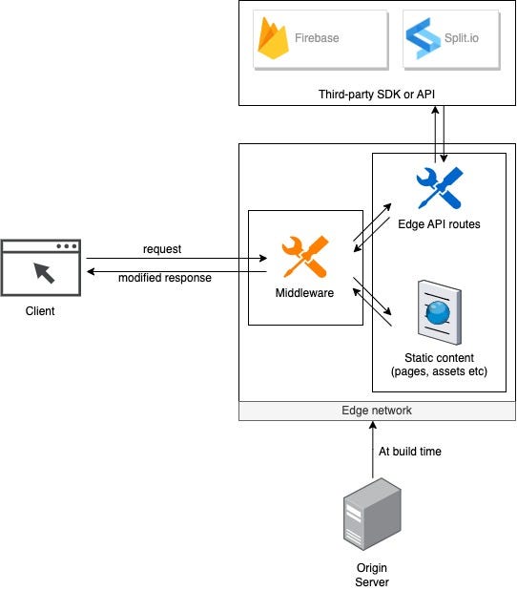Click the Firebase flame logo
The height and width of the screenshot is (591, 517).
[x=273, y=38]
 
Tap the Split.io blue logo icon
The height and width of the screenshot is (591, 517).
[x=423, y=38]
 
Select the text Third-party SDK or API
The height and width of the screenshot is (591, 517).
[x=377, y=95]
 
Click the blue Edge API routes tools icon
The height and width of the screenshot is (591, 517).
[x=440, y=188]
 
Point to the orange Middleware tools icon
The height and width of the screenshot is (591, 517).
[x=305, y=257]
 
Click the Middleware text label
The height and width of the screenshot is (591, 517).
[x=304, y=293]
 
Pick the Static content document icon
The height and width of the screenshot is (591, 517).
[x=440, y=312]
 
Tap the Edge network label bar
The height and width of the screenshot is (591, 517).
[x=377, y=411]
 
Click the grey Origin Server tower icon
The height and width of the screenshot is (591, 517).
[x=372, y=514]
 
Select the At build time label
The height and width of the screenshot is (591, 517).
[x=409, y=452]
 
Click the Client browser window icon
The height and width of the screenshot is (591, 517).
[x=41, y=267]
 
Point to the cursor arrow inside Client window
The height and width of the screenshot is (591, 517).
[x=44, y=273]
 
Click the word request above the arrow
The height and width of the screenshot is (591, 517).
[x=162, y=249]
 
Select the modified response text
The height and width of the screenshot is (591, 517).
[x=165, y=278]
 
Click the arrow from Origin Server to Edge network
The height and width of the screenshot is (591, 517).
[x=373, y=450]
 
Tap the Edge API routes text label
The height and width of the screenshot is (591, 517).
[x=439, y=224]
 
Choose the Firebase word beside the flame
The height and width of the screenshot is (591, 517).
[x=317, y=38]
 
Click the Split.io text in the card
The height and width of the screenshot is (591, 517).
[x=462, y=38]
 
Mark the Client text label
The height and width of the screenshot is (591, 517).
[x=40, y=311]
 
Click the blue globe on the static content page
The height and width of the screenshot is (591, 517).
[x=438, y=312]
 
